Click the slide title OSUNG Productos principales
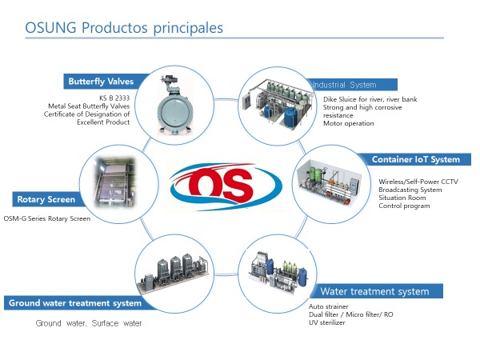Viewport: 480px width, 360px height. click(x=124, y=27)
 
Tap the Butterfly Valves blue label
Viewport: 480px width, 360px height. click(x=101, y=82)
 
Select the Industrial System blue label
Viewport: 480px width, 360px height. click(x=352, y=85)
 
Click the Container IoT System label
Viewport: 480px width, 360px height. click(x=416, y=159)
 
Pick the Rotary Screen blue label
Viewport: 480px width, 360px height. click(x=46, y=199)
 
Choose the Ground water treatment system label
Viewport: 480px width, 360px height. click(x=75, y=303)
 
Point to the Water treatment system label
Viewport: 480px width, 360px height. click(x=374, y=291)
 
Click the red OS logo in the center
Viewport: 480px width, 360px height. click(x=226, y=186)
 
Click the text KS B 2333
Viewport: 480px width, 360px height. click(x=114, y=98)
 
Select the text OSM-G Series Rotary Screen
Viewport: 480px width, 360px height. click(x=47, y=218)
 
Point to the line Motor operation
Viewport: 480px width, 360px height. click(x=349, y=123)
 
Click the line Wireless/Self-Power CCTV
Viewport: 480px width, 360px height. click(x=418, y=182)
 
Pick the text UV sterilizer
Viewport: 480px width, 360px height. click(x=327, y=322)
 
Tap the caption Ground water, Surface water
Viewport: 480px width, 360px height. click(x=89, y=323)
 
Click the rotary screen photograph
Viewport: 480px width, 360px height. click(x=114, y=182)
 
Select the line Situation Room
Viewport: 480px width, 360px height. click(x=402, y=198)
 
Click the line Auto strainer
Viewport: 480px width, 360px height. click(x=329, y=306)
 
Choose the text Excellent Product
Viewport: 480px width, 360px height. click(x=103, y=122)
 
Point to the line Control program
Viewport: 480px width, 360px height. click(x=404, y=206)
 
